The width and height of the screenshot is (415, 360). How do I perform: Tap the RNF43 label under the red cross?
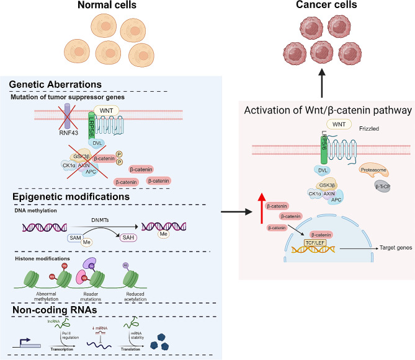click(56, 149)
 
